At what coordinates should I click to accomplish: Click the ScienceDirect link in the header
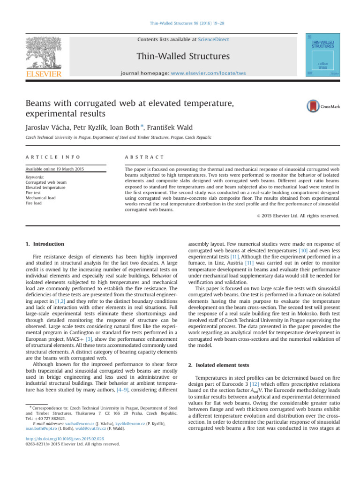pos(214,40)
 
